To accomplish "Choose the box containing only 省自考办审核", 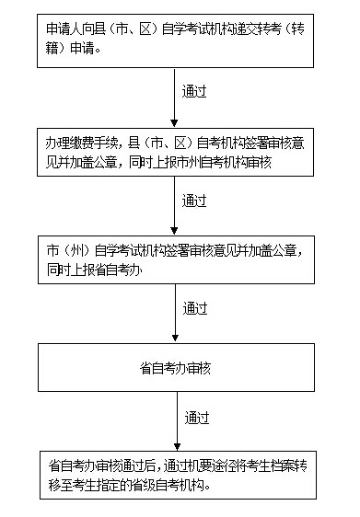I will pos(175,367).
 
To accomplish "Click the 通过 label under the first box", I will pos(194,92).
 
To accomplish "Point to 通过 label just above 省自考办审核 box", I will pos(194,307).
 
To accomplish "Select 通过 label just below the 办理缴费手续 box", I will pos(194,201).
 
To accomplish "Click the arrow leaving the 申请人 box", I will pos(175,92).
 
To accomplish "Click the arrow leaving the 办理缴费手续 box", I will pos(175,202).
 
